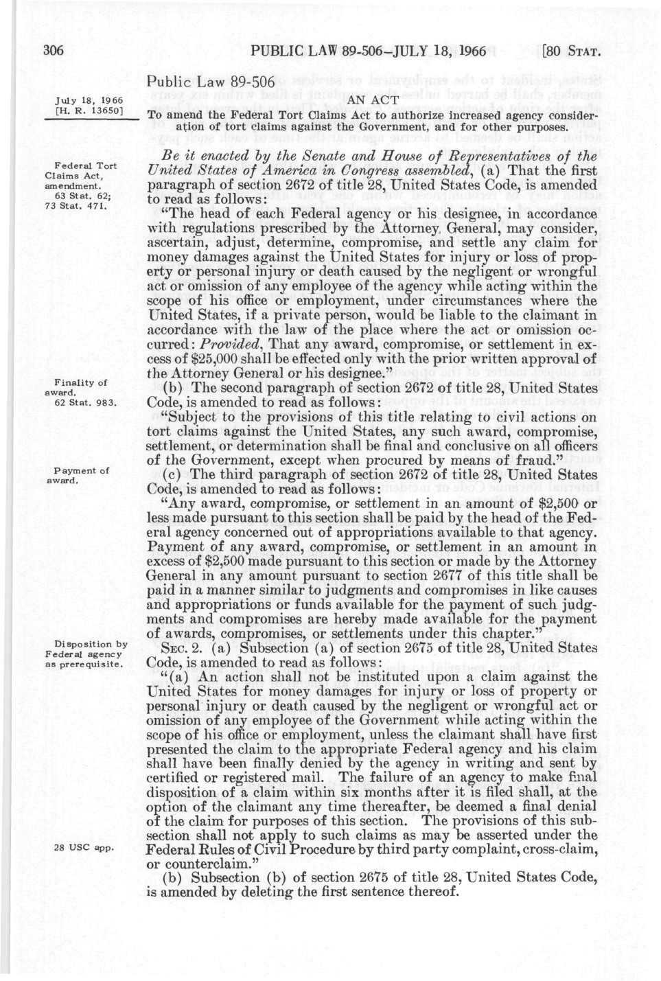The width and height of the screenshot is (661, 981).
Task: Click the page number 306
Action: point(53,50)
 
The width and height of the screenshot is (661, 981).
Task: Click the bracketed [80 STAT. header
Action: point(572,51)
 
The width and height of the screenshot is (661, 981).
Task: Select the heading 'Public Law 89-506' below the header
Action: point(211,83)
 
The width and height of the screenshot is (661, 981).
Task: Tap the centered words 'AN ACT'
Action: point(373,101)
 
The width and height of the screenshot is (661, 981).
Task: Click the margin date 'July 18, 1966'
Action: point(84,100)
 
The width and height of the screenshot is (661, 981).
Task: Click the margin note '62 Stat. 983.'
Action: point(82,402)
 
